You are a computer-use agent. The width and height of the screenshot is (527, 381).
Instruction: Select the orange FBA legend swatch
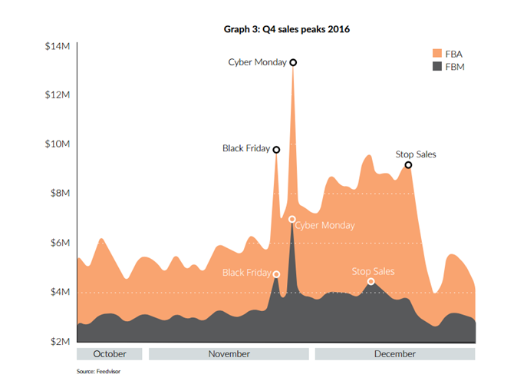[438, 54]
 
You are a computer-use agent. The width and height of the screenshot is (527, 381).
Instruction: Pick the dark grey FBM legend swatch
[438, 67]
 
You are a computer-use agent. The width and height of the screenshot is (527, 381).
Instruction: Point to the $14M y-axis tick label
[58, 46]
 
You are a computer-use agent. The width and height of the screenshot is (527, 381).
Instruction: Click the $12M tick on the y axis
[58, 95]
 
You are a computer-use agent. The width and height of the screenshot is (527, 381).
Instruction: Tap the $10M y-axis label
[58, 144]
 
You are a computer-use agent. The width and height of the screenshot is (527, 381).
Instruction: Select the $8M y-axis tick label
[60, 194]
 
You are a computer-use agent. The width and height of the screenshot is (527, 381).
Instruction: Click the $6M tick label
[60, 243]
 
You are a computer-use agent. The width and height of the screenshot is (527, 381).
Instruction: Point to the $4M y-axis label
[60, 292]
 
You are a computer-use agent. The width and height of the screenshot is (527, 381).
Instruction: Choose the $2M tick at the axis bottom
[60, 341]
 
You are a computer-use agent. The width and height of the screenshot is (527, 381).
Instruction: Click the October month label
[110, 354]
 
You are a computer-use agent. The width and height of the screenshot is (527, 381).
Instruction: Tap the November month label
[229, 354]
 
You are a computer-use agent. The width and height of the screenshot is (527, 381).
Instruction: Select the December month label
[394, 354]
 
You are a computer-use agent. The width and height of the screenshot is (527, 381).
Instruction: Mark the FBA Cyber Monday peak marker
[293, 62]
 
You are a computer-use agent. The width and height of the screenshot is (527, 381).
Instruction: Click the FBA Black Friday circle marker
[276, 150]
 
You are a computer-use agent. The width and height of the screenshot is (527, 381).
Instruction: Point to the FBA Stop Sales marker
[408, 164]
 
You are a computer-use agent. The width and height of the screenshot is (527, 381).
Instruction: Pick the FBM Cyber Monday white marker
[291, 219]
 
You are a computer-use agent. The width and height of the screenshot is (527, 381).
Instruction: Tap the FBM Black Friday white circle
[276, 274]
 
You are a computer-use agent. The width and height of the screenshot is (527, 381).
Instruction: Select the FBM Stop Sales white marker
[371, 281]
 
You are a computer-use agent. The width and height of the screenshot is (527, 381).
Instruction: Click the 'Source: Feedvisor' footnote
[99, 371]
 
